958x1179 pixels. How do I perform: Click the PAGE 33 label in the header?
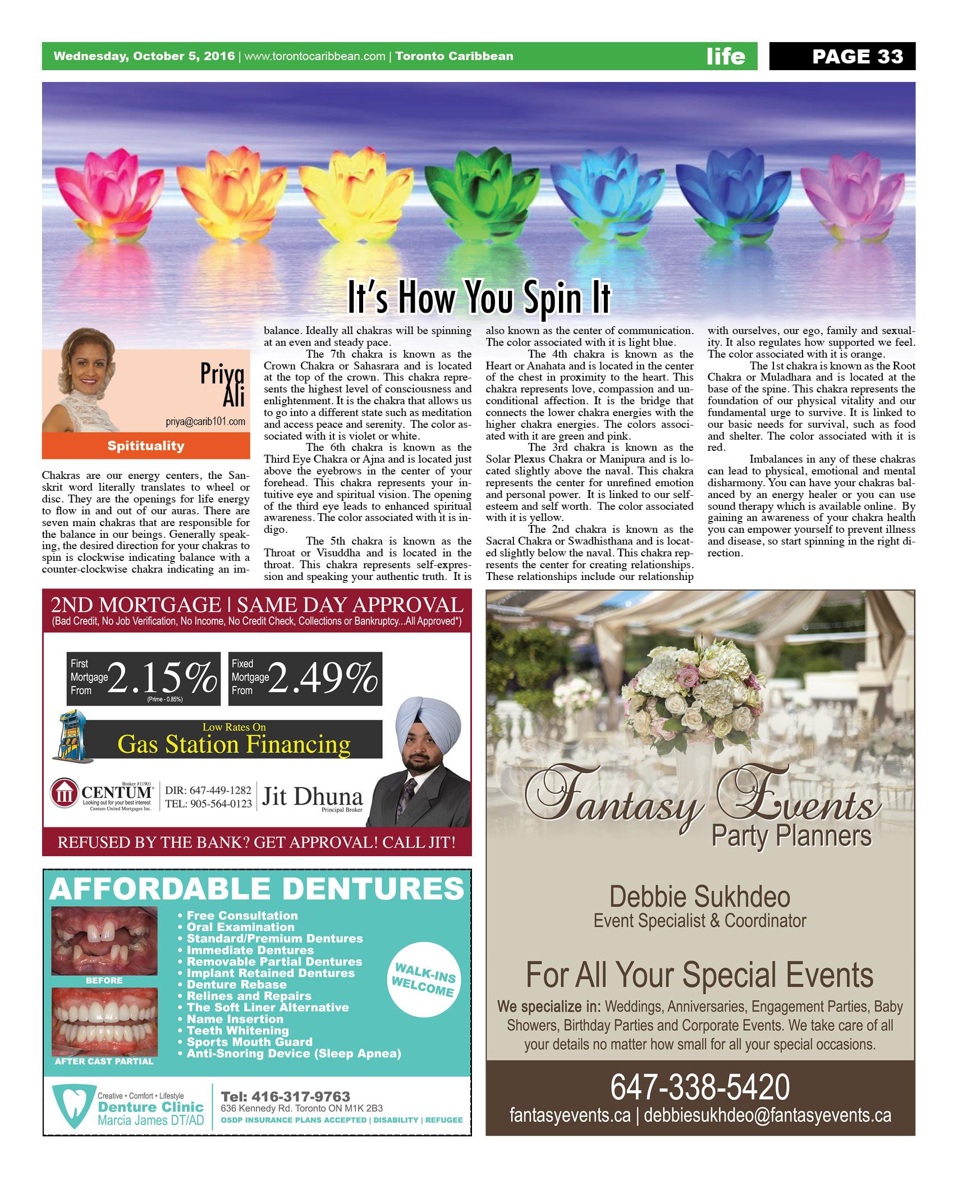point(858,56)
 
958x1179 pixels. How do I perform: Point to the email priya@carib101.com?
point(206,422)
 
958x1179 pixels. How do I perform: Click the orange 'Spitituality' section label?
point(146,446)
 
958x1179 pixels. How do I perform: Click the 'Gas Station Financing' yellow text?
point(234,745)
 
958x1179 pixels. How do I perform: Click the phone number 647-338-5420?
point(700,1087)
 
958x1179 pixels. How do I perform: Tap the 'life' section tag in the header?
point(726,56)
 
